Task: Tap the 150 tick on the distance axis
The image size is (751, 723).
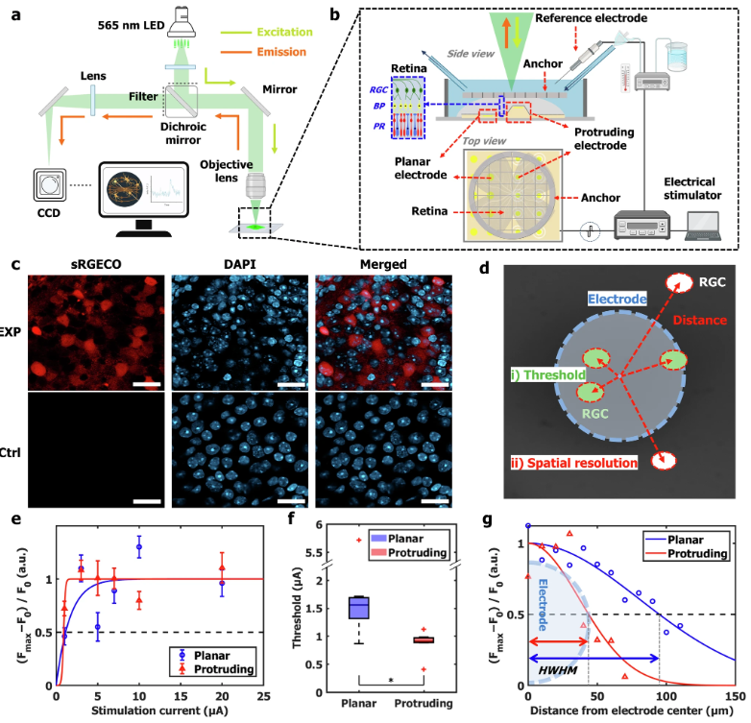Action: tap(732, 698)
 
